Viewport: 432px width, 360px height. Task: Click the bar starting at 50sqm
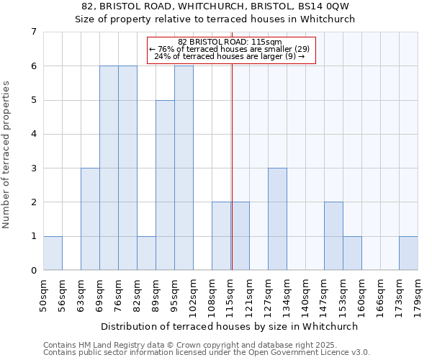53,253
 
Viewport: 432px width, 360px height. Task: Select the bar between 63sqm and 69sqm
90,219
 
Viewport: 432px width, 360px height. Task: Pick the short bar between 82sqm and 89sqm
146,253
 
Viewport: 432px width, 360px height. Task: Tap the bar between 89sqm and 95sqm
165,185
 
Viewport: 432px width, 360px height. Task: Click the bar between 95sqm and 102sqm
184,168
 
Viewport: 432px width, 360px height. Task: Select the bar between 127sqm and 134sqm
277,219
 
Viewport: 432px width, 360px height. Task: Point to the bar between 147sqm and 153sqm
333,236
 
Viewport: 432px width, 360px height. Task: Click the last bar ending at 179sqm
408,253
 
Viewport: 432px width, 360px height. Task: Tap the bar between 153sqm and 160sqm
352,253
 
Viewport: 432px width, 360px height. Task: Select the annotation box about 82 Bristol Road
231,50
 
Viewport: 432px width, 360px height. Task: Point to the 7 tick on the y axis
33,32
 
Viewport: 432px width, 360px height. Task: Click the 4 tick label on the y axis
33,134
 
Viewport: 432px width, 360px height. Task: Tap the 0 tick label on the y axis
33,271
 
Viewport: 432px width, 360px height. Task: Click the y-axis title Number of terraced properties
6,155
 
